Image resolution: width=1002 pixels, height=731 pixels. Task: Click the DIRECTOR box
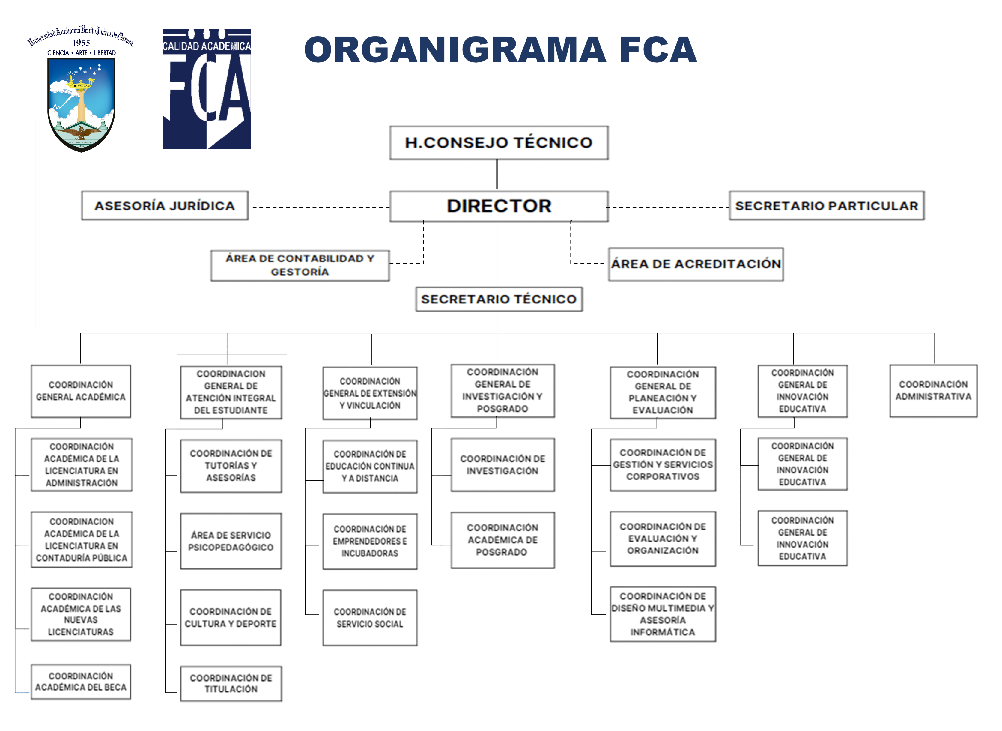[499, 206]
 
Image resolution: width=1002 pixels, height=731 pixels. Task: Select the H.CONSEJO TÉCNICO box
[499, 142]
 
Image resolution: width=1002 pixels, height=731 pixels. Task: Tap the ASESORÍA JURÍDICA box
[165, 206]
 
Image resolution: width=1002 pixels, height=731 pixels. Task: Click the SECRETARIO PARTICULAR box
[826, 206]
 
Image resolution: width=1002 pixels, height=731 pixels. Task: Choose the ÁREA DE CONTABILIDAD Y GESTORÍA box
[300, 265]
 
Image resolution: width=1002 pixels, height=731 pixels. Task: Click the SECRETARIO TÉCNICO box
[499, 299]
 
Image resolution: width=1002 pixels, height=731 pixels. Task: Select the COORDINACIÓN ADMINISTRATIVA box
[933, 391]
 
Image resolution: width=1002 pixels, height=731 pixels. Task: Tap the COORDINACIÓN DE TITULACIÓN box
[231, 683]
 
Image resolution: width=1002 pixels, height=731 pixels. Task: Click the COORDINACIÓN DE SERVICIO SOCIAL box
[370, 618]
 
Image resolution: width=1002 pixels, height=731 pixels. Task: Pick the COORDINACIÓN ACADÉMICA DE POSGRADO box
[502, 540]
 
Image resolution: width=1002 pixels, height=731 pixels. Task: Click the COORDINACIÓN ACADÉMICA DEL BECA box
[81, 682]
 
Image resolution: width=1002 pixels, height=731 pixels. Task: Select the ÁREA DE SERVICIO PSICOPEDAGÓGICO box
[231, 541]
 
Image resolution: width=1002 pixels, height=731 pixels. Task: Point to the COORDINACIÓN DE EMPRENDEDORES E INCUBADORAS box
[370, 541]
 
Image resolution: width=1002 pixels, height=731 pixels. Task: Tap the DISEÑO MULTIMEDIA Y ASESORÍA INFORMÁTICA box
[663, 614]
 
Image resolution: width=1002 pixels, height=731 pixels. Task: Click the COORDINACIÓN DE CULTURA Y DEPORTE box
[231, 618]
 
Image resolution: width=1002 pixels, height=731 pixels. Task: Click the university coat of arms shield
[81, 104]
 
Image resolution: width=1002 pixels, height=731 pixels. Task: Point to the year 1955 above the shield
[81, 43]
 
